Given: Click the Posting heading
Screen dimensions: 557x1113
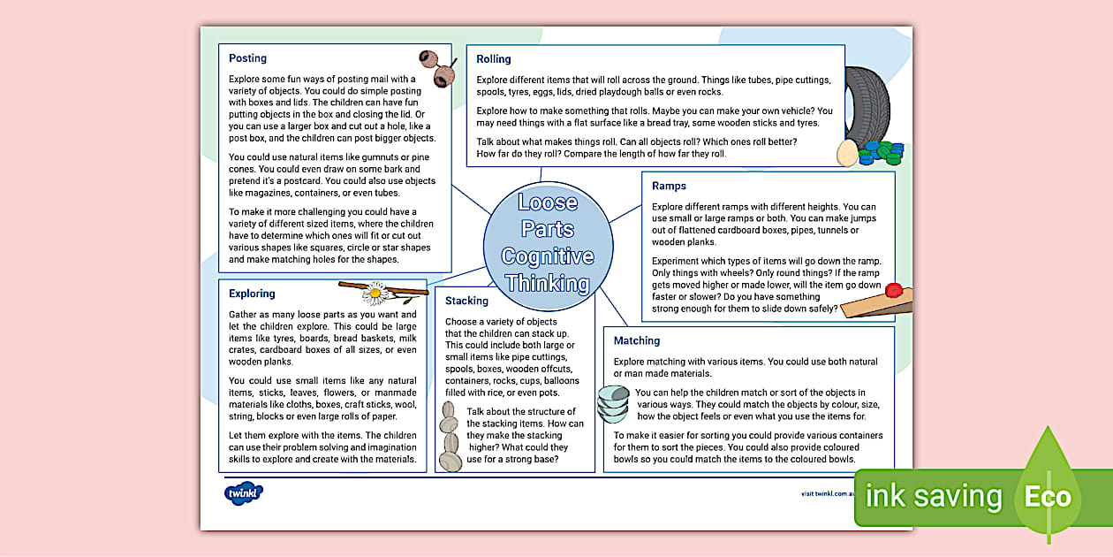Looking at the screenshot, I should [247, 58].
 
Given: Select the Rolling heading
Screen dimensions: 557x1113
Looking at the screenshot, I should [494, 59].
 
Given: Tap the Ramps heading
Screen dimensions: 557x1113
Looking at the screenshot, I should [669, 186].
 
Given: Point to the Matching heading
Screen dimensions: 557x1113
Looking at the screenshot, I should [637, 340].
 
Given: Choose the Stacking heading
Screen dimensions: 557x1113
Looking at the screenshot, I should [466, 301].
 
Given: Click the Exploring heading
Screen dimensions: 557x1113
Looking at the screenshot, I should [252, 294].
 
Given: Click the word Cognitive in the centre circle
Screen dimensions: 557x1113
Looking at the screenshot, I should [548, 256].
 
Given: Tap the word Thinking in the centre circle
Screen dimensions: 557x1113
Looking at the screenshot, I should [548, 284].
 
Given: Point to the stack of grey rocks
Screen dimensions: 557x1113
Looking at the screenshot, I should [450, 438].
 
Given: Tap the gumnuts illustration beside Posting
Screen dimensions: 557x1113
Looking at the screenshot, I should [437, 68].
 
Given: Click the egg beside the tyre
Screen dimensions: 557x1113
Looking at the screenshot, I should [847, 154].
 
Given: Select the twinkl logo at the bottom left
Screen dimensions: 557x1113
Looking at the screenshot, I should [244, 493].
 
